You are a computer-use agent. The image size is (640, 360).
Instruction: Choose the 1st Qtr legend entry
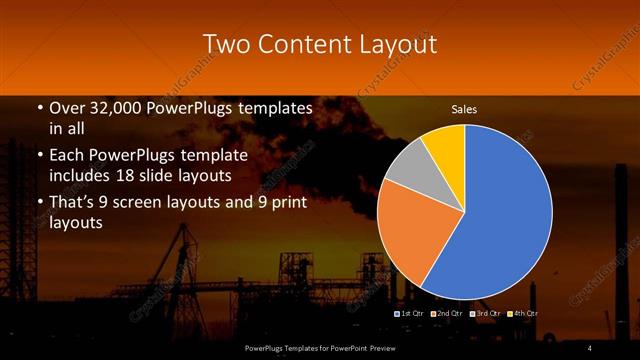coord(413,313)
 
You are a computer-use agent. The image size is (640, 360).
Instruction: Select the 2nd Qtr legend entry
coord(449,313)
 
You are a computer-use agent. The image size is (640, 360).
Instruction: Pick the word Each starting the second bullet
coord(69,155)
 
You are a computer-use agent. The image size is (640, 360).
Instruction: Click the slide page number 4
coord(589,347)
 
